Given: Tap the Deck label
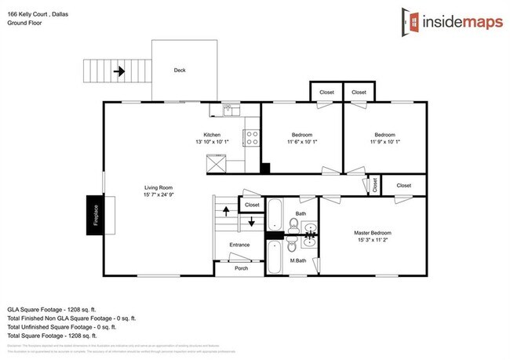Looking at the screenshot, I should coord(180,70).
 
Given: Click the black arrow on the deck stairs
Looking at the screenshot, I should coord(119,71).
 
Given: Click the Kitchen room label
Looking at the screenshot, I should coord(213,135).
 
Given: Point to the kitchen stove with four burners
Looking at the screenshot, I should coord(253,138).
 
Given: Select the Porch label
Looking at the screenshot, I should coord(241,268).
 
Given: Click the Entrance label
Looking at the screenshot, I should coord(239,245).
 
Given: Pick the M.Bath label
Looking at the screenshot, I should coord(298,260).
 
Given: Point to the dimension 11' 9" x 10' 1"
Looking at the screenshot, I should coord(384,143).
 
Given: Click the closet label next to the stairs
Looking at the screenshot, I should coord(252,205).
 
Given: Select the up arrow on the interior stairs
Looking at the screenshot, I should coord(227,210).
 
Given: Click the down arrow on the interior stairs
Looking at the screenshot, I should coord(251,223).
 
